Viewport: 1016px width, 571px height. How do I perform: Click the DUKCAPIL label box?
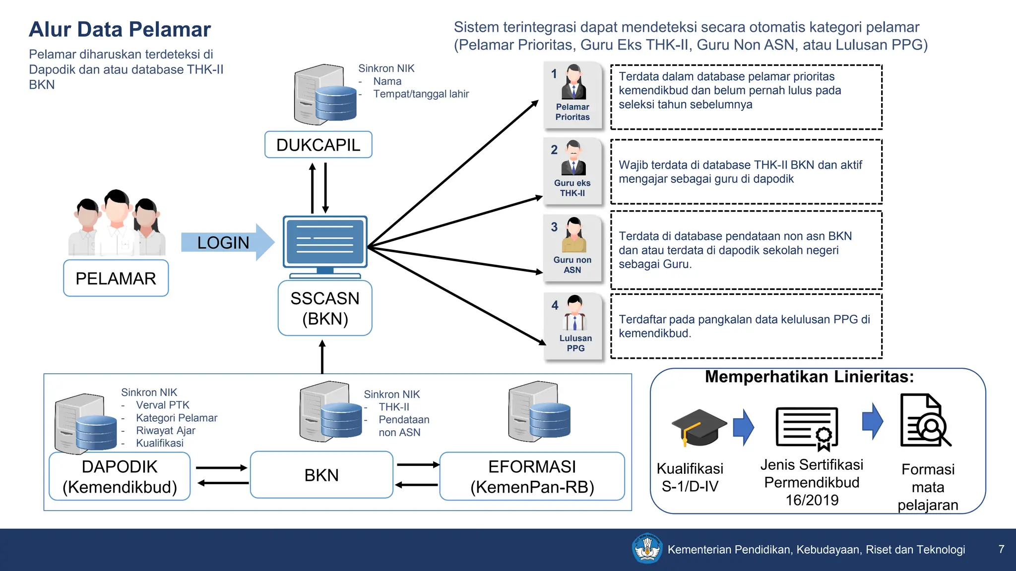tap(318, 145)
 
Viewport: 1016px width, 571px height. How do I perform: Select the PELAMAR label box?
tap(116, 278)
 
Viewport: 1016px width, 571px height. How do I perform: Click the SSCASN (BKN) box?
tap(325, 308)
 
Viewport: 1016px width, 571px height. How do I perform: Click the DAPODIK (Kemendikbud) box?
tap(120, 476)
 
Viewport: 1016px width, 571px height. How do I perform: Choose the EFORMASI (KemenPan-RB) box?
tap(532, 476)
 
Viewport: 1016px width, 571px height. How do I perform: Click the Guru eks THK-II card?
tap(572, 171)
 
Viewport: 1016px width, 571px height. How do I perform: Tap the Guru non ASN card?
tap(572, 248)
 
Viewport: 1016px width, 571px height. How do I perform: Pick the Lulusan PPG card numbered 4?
tap(574, 326)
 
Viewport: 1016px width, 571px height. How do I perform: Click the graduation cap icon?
tap(698, 427)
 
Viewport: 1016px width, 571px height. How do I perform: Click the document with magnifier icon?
tap(924, 421)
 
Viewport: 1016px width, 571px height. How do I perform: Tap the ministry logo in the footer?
tap(646, 549)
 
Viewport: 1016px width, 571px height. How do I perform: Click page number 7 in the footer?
tap(1001, 549)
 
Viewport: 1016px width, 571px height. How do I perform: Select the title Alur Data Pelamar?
tap(120, 29)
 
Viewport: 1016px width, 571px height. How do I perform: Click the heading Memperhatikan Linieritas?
tap(809, 377)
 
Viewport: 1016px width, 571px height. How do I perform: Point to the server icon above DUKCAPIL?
tap(325, 94)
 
